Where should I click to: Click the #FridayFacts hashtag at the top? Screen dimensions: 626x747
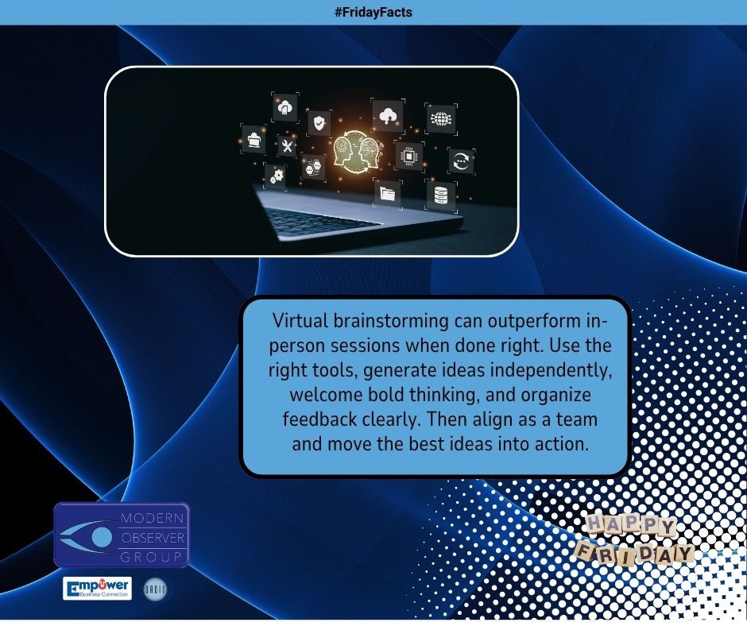(373, 12)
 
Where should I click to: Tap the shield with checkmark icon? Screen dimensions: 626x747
(319, 123)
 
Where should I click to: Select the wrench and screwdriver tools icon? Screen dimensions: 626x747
(288, 146)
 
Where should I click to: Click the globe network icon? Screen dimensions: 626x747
(440, 119)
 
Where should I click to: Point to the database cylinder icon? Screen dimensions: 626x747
(440, 194)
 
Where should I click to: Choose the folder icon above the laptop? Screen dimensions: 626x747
(388, 193)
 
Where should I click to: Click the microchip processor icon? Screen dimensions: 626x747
(409, 156)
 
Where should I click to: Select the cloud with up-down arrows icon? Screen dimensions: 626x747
(388, 116)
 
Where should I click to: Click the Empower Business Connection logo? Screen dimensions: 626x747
(97, 589)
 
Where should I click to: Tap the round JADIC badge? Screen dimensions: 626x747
(155, 589)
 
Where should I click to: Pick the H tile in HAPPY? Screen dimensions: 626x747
(595, 524)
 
